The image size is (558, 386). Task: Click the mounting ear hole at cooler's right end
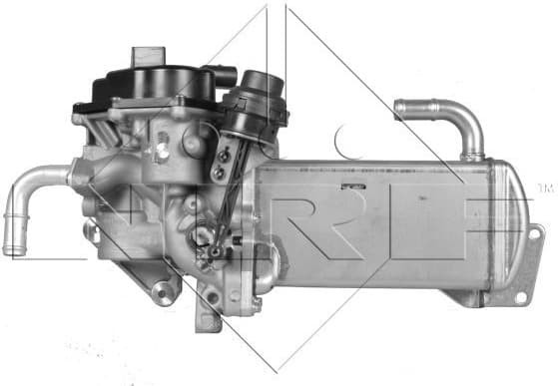(x=535, y=237)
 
